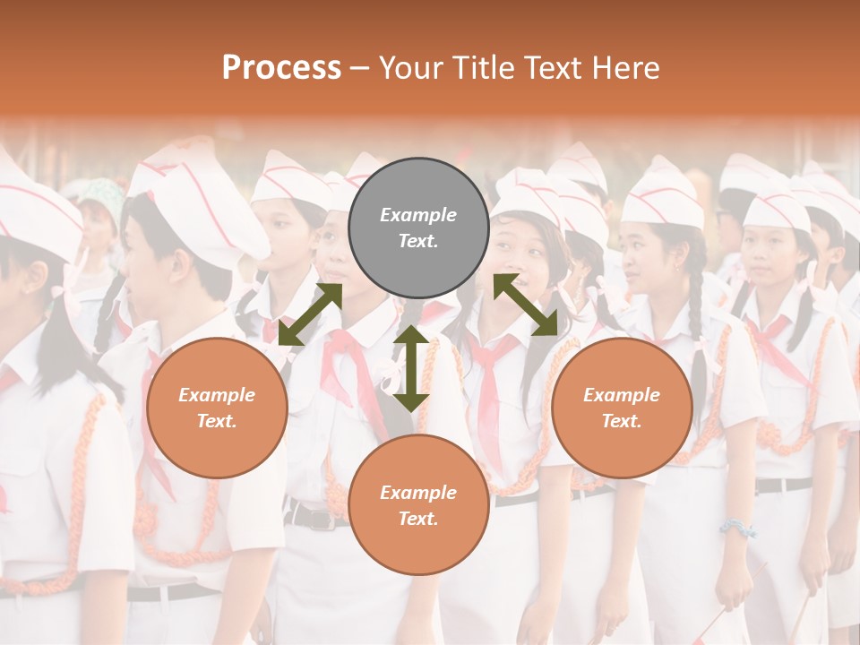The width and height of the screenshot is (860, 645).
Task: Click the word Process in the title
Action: [x=281, y=68]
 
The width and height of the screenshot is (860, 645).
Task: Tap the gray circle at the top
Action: [x=418, y=228]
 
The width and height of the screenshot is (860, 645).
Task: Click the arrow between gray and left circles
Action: [x=310, y=314]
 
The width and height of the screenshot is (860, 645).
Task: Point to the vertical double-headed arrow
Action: [x=411, y=367]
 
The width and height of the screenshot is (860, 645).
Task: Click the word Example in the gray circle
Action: [x=418, y=215]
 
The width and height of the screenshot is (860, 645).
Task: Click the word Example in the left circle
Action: [x=217, y=395]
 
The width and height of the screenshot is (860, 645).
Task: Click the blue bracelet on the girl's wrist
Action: [x=737, y=528]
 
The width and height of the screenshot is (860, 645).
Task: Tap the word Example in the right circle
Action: [x=622, y=395]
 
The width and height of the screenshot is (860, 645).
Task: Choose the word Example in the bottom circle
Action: [x=418, y=493]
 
